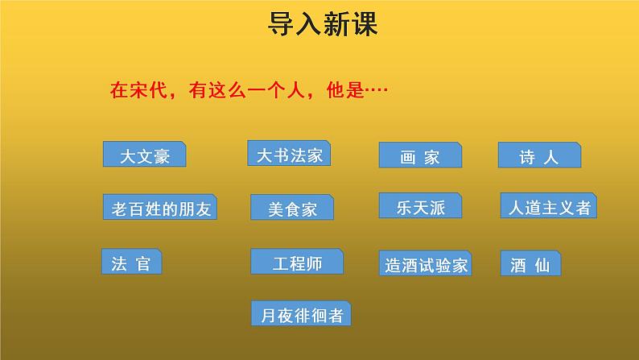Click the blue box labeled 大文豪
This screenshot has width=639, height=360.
pos(144,155)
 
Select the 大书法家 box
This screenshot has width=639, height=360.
pos(289,154)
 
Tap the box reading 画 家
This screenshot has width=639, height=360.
pos(419,156)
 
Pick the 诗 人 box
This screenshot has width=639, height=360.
pos(538,155)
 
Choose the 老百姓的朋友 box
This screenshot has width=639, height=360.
pos(160,208)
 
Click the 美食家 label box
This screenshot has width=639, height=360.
pos(293,209)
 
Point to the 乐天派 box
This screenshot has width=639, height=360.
pos(420,206)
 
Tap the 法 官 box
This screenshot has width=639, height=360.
pos(131,263)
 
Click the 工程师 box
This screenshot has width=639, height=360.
pos(297,262)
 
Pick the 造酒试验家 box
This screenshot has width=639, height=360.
pos(424,263)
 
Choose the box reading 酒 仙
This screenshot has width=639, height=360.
pos(530,263)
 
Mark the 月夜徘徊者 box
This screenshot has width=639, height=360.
pos(300,313)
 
